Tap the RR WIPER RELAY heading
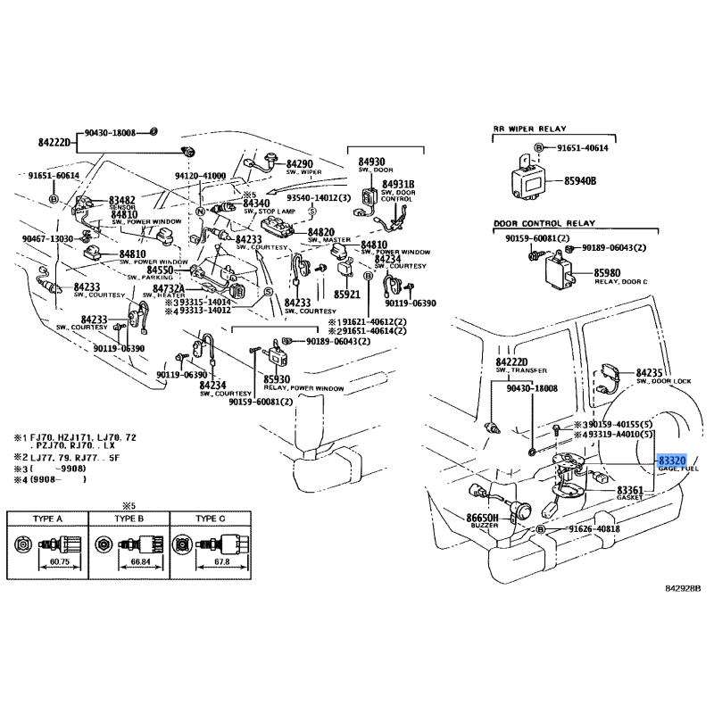tap(530, 129)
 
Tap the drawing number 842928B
tap(683, 589)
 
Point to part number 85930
tap(279, 379)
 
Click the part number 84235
tap(653, 371)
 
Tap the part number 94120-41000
tap(201, 177)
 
